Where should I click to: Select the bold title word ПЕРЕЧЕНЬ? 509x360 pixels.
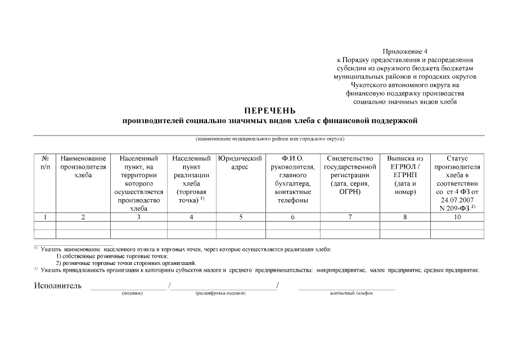[x=270, y=111]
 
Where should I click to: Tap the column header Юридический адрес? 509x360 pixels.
[x=240, y=163]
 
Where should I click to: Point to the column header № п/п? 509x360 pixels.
[x=45, y=163]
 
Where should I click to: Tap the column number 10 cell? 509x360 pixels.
[x=456, y=217]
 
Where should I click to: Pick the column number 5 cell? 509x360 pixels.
[x=240, y=217]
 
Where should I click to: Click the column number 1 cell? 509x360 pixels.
[x=45, y=217]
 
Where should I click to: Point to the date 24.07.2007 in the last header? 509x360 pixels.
[x=456, y=200]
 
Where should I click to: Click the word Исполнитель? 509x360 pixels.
[x=58, y=286]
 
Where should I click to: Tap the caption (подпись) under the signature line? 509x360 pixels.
[x=133, y=294]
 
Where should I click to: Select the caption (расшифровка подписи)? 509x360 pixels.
[x=220, y=294]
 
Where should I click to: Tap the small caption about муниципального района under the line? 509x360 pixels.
[x=270, y=138]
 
